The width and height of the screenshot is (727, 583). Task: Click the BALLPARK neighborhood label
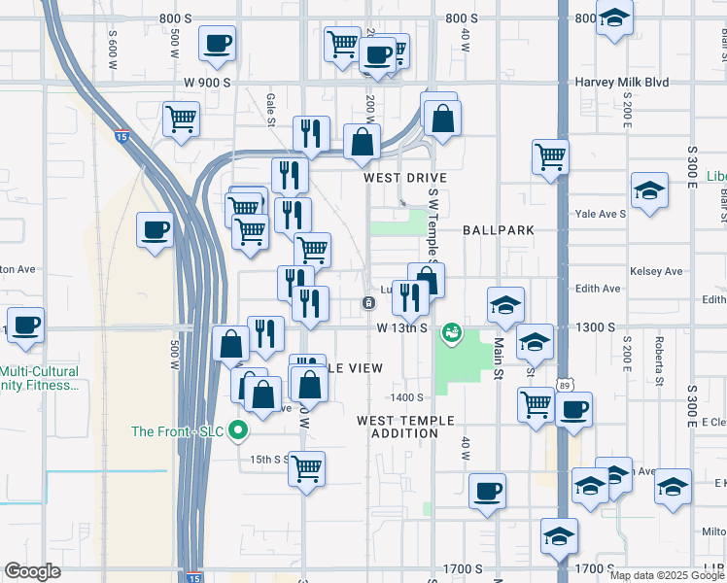coord(499,231)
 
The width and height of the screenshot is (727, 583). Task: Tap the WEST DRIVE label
coord(405,179)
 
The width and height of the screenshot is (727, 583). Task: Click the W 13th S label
coord(403,328)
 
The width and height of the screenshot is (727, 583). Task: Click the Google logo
coord(32,572)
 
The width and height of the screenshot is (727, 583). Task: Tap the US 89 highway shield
coord(565,386)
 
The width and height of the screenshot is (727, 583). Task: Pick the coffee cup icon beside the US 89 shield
coord(573,408)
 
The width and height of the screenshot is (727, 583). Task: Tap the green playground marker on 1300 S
coord(451,333)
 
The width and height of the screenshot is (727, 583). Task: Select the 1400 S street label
coord(407,397)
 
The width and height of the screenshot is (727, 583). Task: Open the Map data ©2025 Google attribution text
coord(666,575)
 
